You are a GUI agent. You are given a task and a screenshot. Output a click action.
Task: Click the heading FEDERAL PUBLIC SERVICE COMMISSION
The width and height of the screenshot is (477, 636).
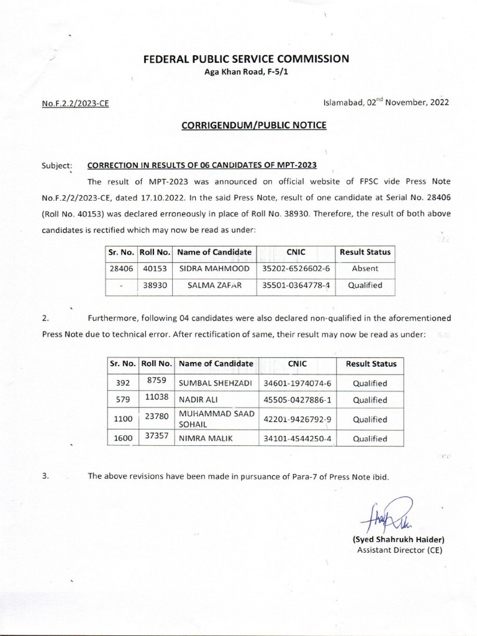point(247,59)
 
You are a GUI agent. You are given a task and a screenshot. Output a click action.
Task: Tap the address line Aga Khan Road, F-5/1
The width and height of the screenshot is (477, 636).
point(247,73)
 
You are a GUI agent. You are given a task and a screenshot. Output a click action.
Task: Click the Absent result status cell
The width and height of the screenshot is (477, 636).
point(365,269)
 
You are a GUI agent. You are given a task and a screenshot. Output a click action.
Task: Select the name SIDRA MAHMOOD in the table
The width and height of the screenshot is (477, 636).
point(214,269)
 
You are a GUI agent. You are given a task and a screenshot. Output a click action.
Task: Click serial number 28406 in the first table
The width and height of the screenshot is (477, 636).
point(117,269)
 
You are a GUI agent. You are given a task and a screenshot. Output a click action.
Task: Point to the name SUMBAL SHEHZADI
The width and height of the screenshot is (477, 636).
point(216,383)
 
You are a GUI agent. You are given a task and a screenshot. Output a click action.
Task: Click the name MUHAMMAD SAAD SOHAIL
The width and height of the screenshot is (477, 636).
point(216,419)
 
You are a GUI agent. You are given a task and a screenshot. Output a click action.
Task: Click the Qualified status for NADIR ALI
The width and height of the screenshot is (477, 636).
point(370,400)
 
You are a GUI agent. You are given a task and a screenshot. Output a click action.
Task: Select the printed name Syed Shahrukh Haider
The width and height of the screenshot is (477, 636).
point(398,539)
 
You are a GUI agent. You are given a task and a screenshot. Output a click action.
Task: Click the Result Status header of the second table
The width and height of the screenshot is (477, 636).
point(370,364)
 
